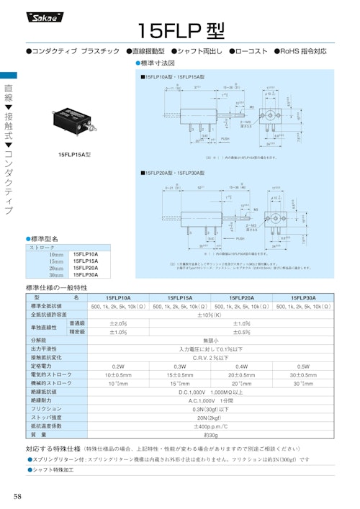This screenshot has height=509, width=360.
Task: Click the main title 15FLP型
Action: coord(180,30)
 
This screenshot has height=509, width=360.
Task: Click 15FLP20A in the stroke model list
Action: coord(86,268)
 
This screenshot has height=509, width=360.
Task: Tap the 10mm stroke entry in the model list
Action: coord(56,255)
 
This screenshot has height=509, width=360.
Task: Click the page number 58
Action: coord(17,497)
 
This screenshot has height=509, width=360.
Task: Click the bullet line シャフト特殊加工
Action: coord(53,470)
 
